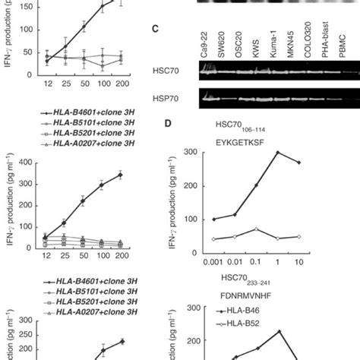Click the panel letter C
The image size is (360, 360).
pyautogui.click(x=156, y=29)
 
